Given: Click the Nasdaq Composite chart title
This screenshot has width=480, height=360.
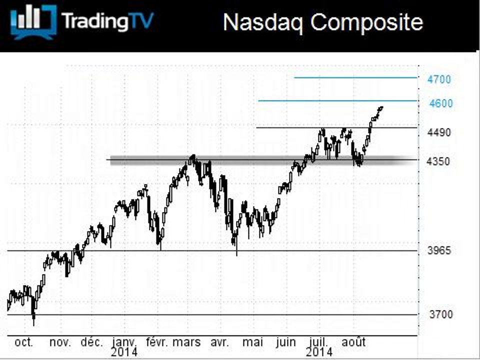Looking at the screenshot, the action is (323, 22).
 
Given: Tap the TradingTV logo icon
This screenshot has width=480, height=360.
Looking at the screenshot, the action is (33, 21).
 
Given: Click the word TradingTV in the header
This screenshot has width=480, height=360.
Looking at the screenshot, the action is (107, 21).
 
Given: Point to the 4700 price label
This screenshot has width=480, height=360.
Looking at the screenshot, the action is (439, 79).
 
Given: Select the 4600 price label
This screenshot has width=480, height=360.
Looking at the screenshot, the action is (441, 103).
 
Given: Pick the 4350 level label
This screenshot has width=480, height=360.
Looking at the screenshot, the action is (438, 161).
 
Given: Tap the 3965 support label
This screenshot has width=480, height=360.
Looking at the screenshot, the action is (439, 250).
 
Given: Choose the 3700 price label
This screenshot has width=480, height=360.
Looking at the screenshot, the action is (441, 314).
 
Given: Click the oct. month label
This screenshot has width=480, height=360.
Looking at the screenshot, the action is (24, 342).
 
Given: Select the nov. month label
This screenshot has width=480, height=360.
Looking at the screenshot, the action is (60, 342).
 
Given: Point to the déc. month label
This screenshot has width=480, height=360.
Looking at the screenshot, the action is (92, 342).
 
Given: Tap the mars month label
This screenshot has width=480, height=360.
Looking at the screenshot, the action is (186, 342).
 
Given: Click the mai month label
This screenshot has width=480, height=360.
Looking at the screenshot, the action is (253, 342).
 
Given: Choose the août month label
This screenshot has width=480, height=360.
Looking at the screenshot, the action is (353, 342).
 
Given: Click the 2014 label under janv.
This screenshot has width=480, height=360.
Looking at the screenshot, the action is (124, 352).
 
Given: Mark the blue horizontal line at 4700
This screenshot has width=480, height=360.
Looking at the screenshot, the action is (355, 78).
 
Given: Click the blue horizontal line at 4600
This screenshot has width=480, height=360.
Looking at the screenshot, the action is (337, 100).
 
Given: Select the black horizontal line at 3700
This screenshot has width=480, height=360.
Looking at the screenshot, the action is (212, 314).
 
